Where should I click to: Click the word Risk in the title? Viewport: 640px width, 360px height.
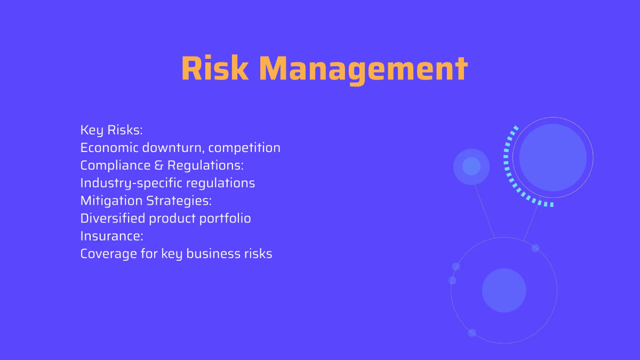pyautogui.click(x=215, y=69)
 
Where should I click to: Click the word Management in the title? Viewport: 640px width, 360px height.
pyautogui.click(x=363, y=70)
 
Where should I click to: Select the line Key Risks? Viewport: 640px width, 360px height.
pyautogui.click(x=111, y=130)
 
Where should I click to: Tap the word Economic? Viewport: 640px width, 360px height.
pyautogui.click(x=109, y=148)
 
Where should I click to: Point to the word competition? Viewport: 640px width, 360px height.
pyautogui.click(x=244, y=148)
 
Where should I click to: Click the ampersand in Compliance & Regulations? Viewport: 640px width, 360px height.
pyautogui.click(x=158, y=165)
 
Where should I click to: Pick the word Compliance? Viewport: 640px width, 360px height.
pyautogui.click(x=115, y=166)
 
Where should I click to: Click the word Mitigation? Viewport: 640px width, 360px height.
pyautogui.click(x=111, y=201)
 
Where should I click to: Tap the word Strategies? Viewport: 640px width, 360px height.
pyautogui.click(x=179, y=201)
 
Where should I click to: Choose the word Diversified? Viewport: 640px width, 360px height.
pyautogui.click(x=113, y=219)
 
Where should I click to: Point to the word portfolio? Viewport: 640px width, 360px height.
pyautogui.click(x=225, y=219)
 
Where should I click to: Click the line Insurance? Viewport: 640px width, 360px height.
pyautogui.click(x=111, y=236)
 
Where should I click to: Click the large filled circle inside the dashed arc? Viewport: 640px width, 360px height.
pyautogui.click(x=553, y=158)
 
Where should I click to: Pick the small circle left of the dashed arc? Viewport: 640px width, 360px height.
pyautogui.click(x=471, y=166)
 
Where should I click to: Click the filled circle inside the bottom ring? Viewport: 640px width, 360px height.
pyautogui.click(x=504, y=290)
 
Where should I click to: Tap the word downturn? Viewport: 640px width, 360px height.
pyautogui.click(x=173, y=148)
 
